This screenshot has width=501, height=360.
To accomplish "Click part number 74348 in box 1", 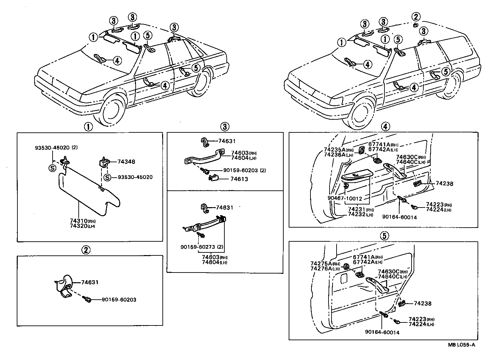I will click(126, 162).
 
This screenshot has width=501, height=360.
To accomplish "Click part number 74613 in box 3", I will click(239, 179).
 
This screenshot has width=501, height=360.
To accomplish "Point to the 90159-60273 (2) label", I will click(202, 247).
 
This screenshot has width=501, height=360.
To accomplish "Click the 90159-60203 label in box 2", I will click(119, 300).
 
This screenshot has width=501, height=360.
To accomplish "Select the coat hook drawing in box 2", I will click(64, 286).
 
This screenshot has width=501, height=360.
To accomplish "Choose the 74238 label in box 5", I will click(423, 303).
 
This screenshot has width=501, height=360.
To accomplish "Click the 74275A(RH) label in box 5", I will click(325, 263).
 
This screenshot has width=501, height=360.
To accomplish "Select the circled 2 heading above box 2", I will click(86, 249).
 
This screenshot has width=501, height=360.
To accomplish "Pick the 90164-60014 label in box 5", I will click(382, 332).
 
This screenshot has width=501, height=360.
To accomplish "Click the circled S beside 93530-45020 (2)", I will click(53, 168).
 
